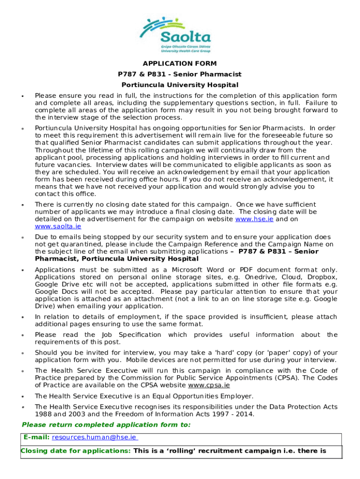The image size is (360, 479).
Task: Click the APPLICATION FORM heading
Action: click(180, 64)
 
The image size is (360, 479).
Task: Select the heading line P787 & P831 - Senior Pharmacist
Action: click(180, 74)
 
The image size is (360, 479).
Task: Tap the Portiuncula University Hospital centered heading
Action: click(180, 85)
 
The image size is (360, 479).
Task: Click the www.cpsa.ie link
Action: click(209, 385)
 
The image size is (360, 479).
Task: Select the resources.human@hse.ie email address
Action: click(94, 437)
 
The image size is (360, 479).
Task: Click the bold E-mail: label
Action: click(36, 437)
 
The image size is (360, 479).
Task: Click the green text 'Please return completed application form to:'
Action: click(106, 425)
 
